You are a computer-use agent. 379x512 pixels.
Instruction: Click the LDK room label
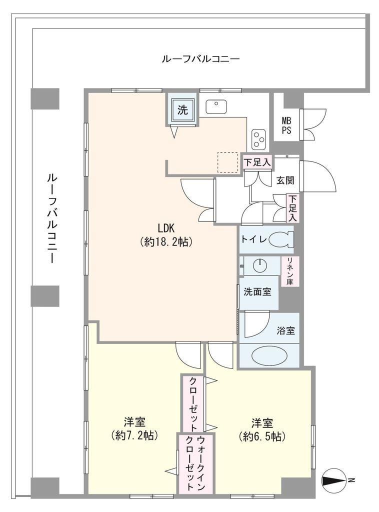click(167, 227)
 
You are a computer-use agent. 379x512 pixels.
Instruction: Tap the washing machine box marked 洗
click(182, 109)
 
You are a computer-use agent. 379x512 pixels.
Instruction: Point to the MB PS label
click(286, 126)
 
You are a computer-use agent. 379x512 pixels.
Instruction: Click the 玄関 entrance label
click(285, 180)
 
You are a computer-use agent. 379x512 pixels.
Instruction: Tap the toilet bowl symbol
click(281, 239)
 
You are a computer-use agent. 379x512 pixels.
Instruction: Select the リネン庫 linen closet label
click(290, 271)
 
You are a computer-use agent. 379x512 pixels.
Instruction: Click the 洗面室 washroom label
click(257, 291)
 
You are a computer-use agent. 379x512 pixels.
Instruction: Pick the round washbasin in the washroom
click(260, 265)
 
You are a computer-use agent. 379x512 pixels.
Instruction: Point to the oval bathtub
click(269, 355)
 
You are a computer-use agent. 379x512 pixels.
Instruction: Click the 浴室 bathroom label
click(286, 331)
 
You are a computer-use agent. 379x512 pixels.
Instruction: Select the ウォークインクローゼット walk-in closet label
click(195, 462)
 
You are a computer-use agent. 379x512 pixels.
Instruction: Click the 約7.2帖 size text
click(134, 435)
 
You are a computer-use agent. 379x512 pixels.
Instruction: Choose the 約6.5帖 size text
click(262, 436)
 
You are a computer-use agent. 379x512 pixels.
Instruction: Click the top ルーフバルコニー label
click(201, 59)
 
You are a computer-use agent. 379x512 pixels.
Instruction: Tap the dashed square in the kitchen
click(228, 162)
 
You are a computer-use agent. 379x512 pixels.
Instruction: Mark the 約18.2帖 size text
click(166, 242)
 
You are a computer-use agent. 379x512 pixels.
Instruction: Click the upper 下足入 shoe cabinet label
click(257, 162)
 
